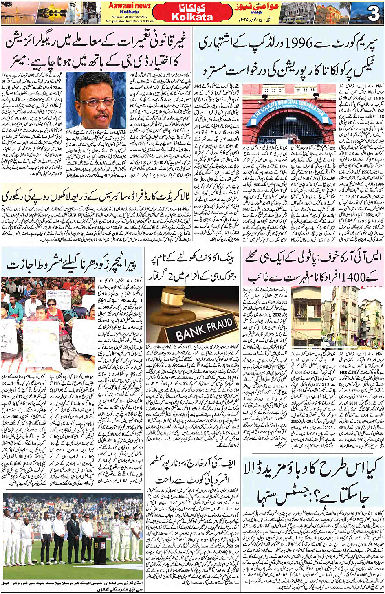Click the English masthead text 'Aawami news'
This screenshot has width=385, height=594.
click(x=129, y=6)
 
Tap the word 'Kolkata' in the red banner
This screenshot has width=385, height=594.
click(x=192, y=17)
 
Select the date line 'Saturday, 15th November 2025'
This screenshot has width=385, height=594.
click(x=129, y=17)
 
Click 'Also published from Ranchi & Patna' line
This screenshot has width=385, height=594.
click(x=129, y=21)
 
